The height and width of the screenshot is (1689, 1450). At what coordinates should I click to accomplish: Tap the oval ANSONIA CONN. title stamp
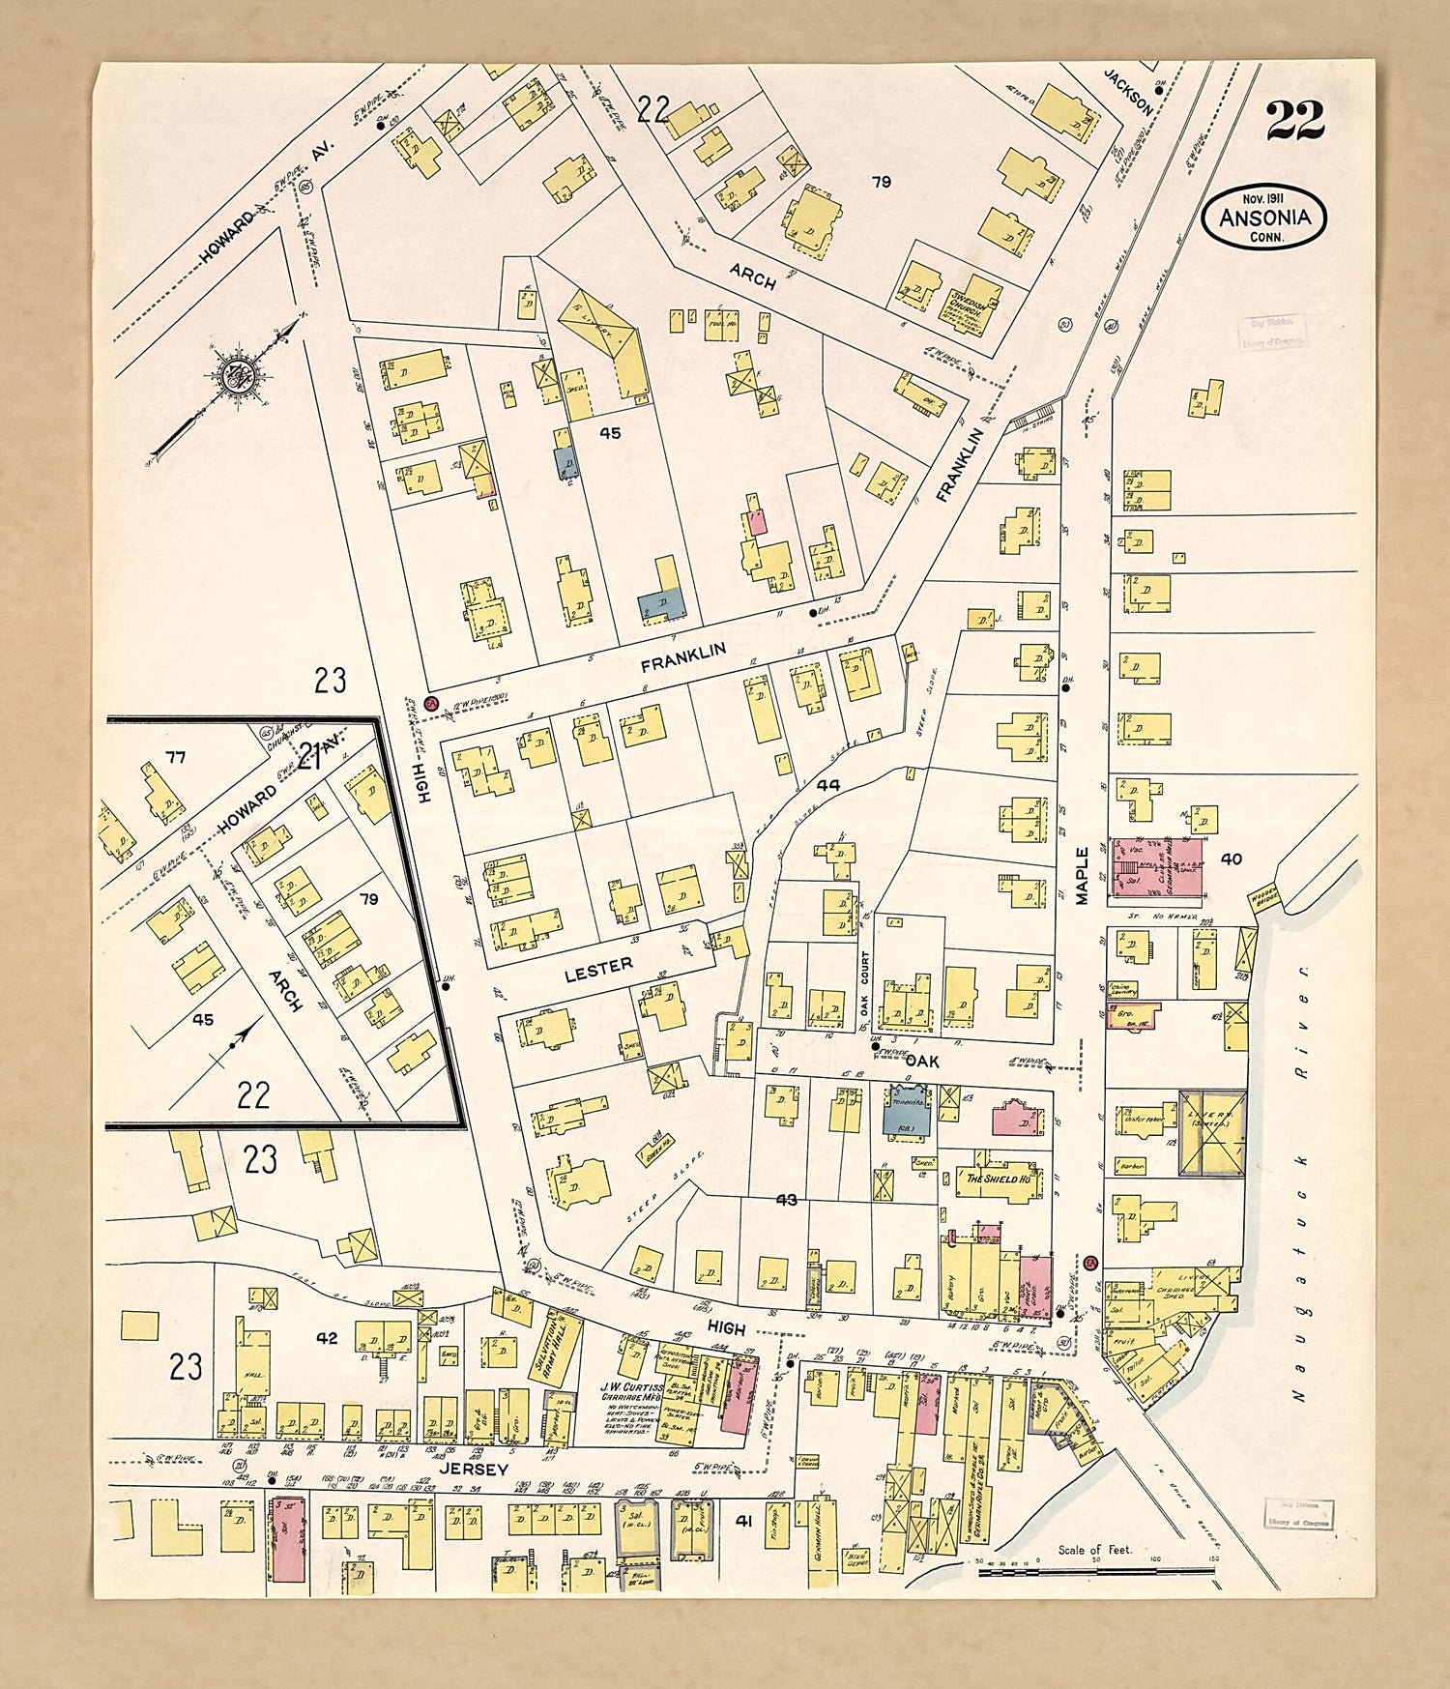pyautogui.click(x=1264, y=218)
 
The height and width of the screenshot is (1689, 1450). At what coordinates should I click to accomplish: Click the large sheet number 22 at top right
pyautogui.click(x=1294, y=121)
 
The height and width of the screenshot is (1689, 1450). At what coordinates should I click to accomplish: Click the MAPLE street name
pyautogui.click(x=1082, y=875)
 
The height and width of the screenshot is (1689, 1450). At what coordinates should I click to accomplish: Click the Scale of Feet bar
pyautogui.click(x=1096, y=1572)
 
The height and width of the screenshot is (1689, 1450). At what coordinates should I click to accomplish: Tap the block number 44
pyautogui.click(x=827, y=785)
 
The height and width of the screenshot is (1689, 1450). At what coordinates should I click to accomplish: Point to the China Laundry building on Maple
pyautogui.click(x=1125, y=989)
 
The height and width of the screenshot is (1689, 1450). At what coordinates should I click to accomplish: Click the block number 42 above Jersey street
pyautogui.click(x=328, y=1338)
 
